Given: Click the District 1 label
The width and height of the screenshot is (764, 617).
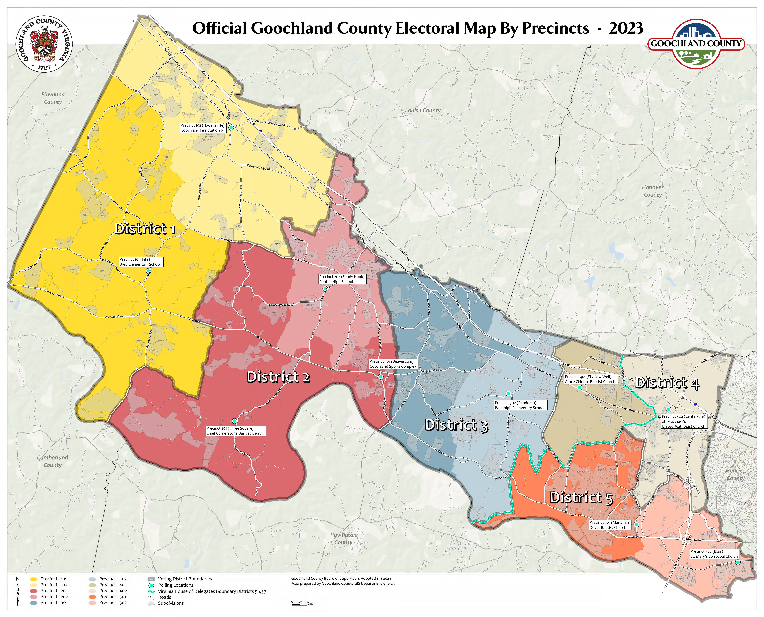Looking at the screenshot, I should tap(145, 229).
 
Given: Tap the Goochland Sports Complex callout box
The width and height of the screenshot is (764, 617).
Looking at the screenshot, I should tap(393, 364).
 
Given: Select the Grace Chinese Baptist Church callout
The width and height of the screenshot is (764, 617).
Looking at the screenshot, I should tap(590, 379).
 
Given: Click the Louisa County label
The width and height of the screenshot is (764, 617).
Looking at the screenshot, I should tap(423, 111).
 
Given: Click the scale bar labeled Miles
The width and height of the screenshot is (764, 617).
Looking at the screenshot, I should tap(300, 604).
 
